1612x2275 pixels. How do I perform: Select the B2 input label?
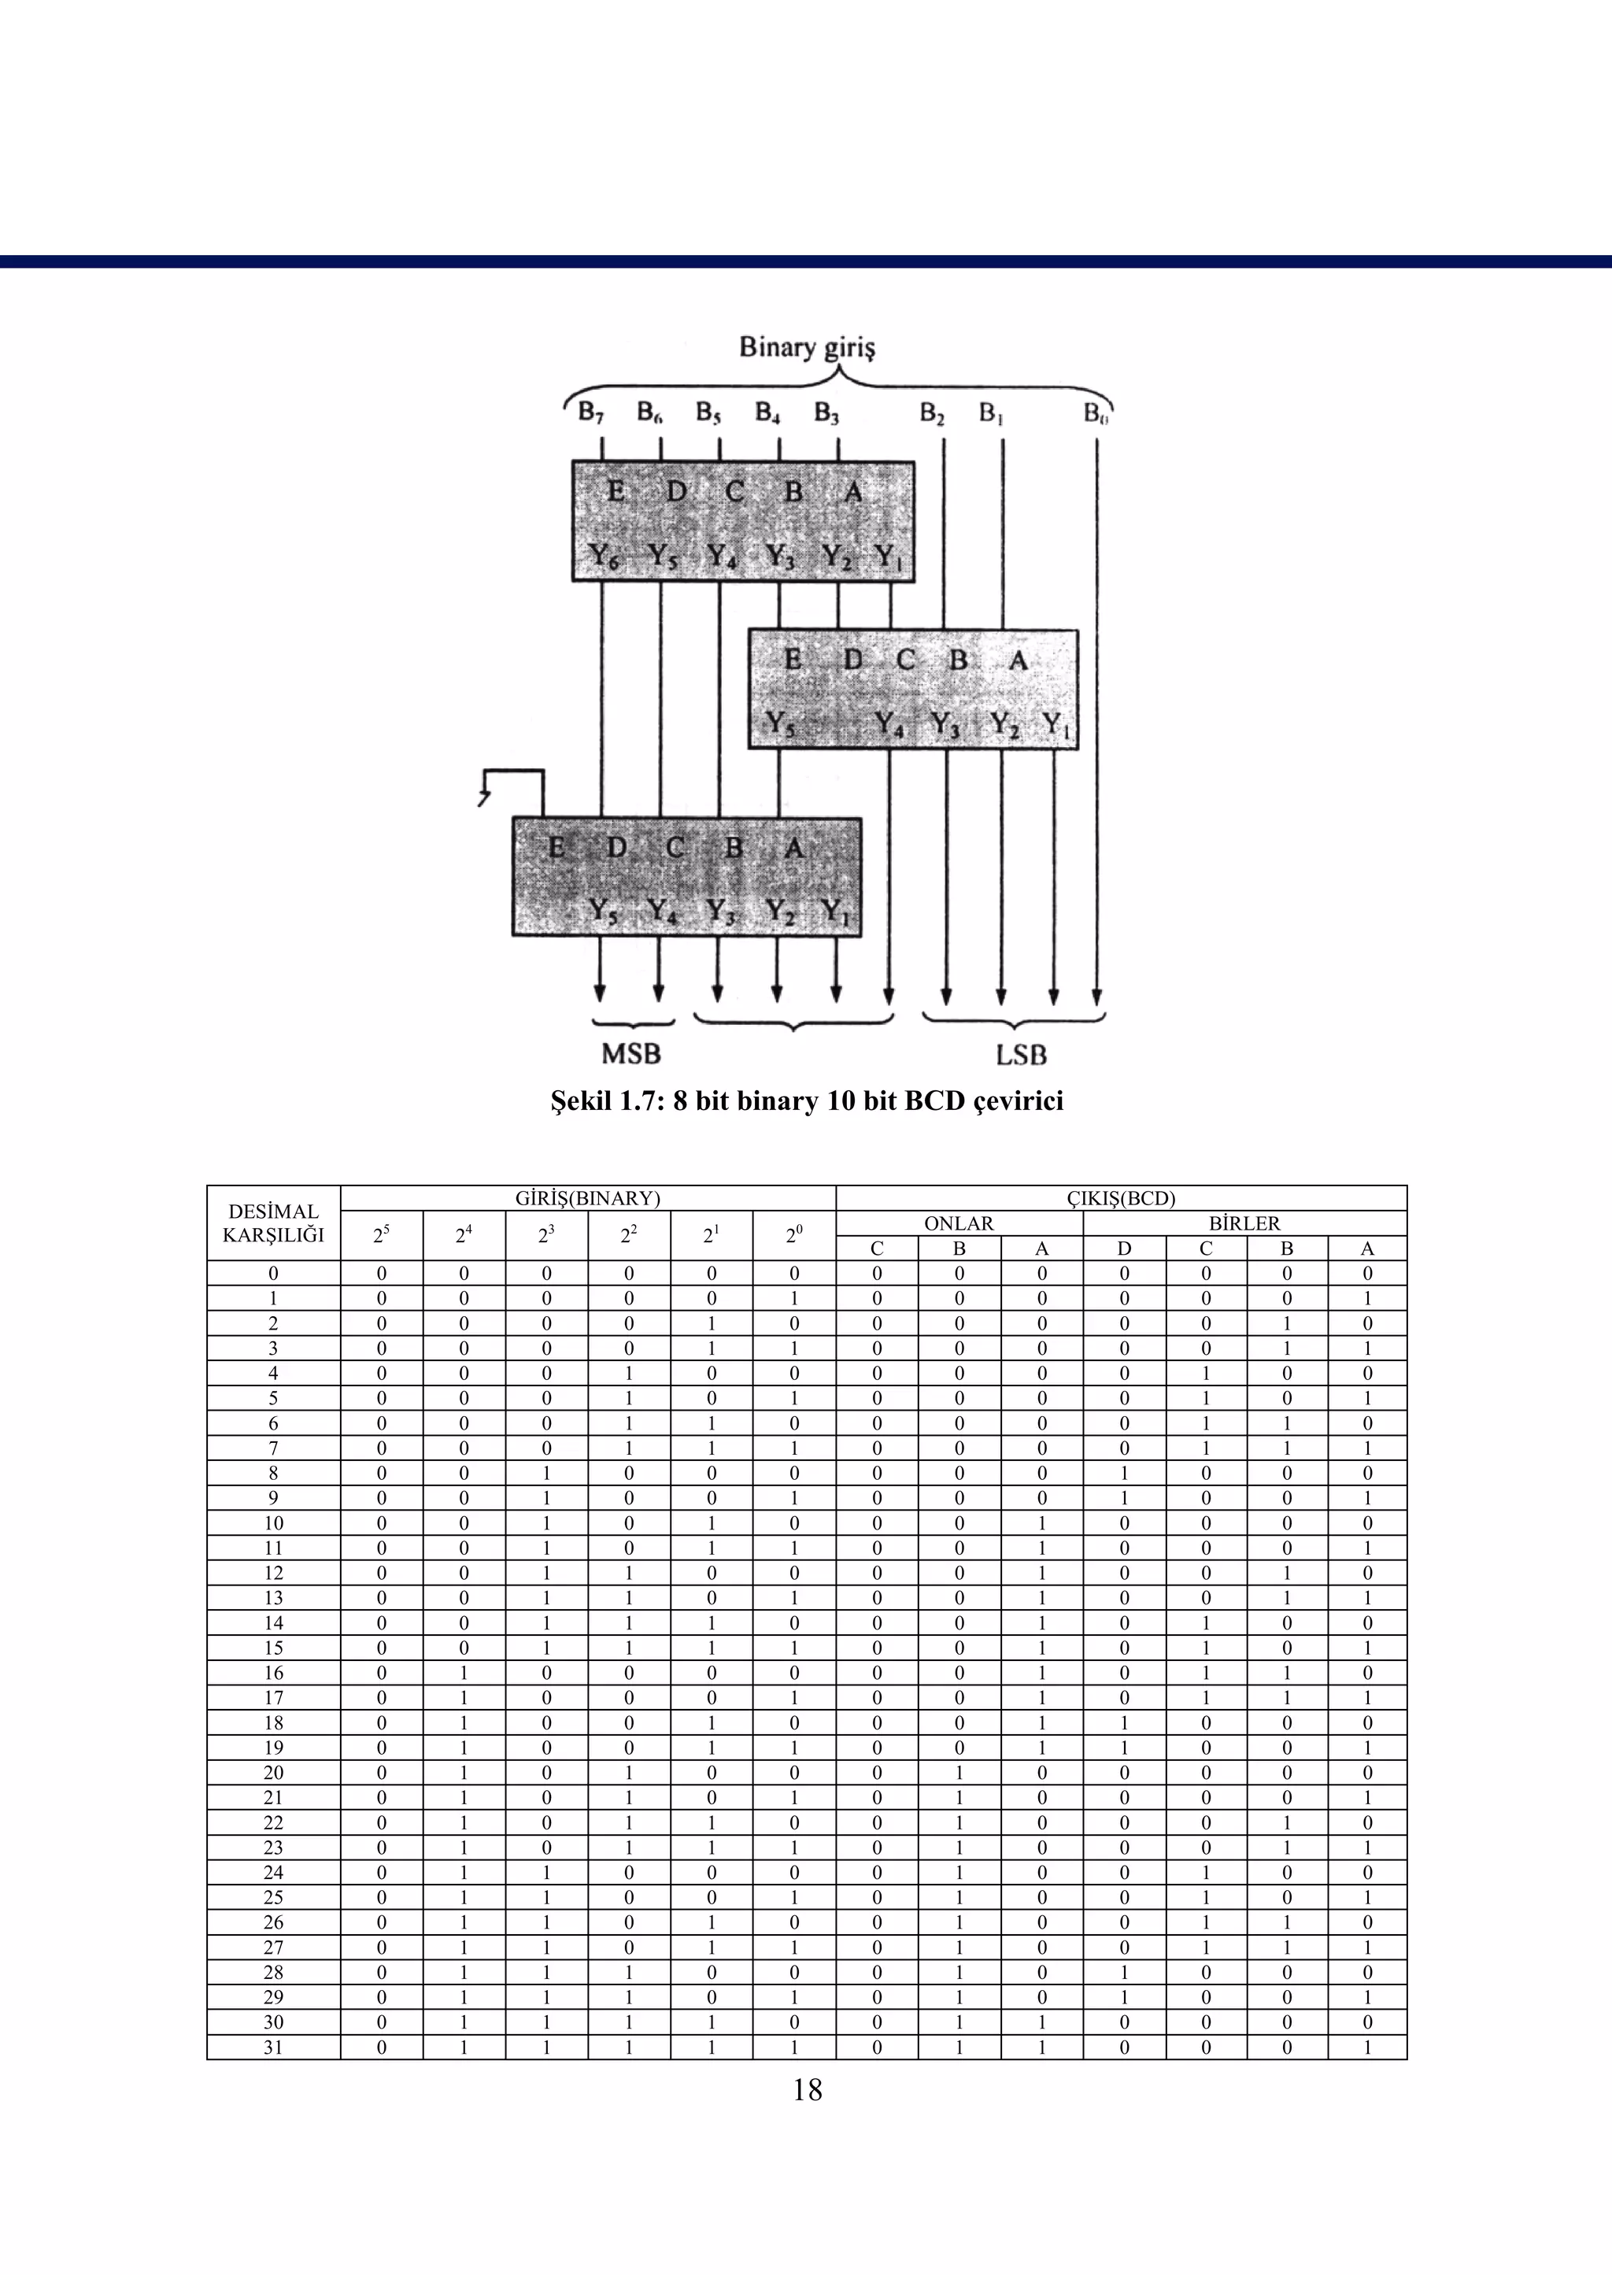pos(931,412)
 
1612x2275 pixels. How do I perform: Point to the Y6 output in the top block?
pos(604,556)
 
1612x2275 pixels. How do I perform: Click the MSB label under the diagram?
pos(630,1053)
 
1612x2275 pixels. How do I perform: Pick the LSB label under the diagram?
pos(1022,1054)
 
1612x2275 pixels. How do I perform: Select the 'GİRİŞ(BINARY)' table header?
pos(588,1198)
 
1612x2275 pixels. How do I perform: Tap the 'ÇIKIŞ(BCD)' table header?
pos(1121,1198)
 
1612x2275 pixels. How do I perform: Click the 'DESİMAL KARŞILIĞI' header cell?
pos(273,1223)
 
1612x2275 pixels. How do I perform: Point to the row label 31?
pos(273,2047)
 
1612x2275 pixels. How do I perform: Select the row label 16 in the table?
pos(273,1673)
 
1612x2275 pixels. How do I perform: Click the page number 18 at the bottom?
pos(807,2090)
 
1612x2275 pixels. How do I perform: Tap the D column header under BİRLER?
pos(1124,1248)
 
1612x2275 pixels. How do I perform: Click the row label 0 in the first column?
pos(273,1274)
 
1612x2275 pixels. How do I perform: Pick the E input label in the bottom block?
pos(556,847)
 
